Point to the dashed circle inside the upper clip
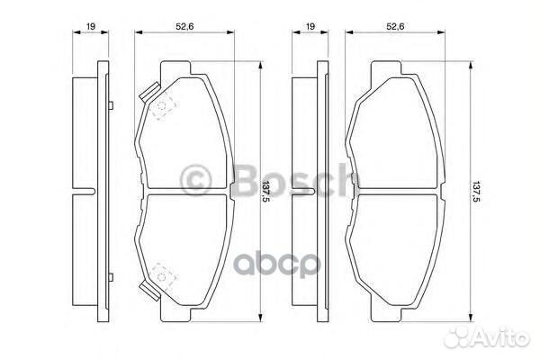coord(161,111)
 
